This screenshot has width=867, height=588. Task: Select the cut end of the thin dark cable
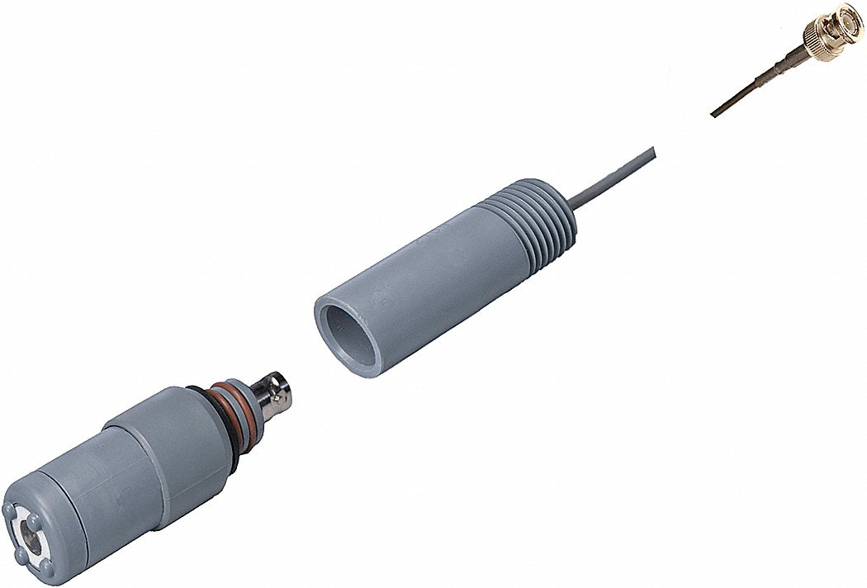pyautogui.click(x=713, y=114)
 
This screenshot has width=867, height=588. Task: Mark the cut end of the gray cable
pyautogui.click(x=653, y=151)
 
